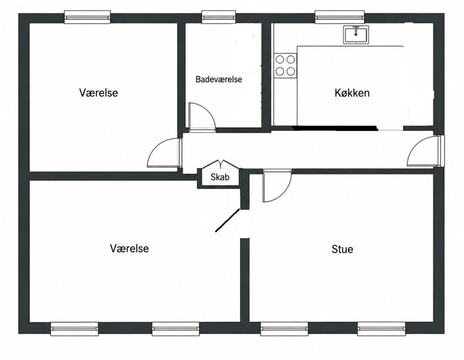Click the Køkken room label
click(352, 93)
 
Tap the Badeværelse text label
click(218, 79)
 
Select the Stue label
click(342, 249)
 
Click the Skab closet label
click(220, 177)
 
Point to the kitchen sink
click(356, 34)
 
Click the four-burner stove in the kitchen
click(285, 65)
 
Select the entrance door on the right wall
click(424, 151)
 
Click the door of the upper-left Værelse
click(164, 153)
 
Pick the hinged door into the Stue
click(277, 186)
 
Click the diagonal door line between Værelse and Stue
click(227, 220)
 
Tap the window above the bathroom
click(218, 17)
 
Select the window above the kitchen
click(339, 17)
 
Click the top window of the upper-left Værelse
click(87, 17)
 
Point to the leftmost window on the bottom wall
click(74, 329)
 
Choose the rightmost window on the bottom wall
click(381, 329)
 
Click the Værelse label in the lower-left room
click(129, 248)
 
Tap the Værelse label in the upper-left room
click(98, 92)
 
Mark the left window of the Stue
click(284, 329)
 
